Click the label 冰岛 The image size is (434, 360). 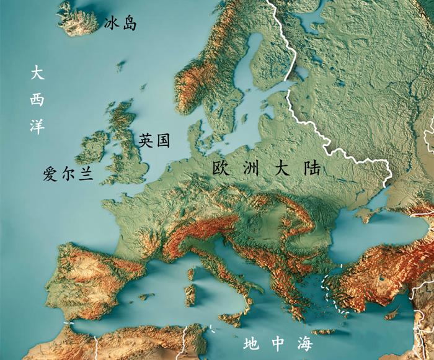[x=121, y=24]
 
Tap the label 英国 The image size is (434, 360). [x=154, y=140]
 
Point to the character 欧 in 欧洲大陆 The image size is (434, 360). [x=221, y=168]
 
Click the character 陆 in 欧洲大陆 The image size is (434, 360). [x=312, y=168]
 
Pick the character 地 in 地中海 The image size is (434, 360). [x=251, y=343]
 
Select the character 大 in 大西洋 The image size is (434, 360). [x=37, y=74]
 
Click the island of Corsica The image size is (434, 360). [x=192, y=274]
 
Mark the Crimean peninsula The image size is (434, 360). [x=370, y=215]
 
